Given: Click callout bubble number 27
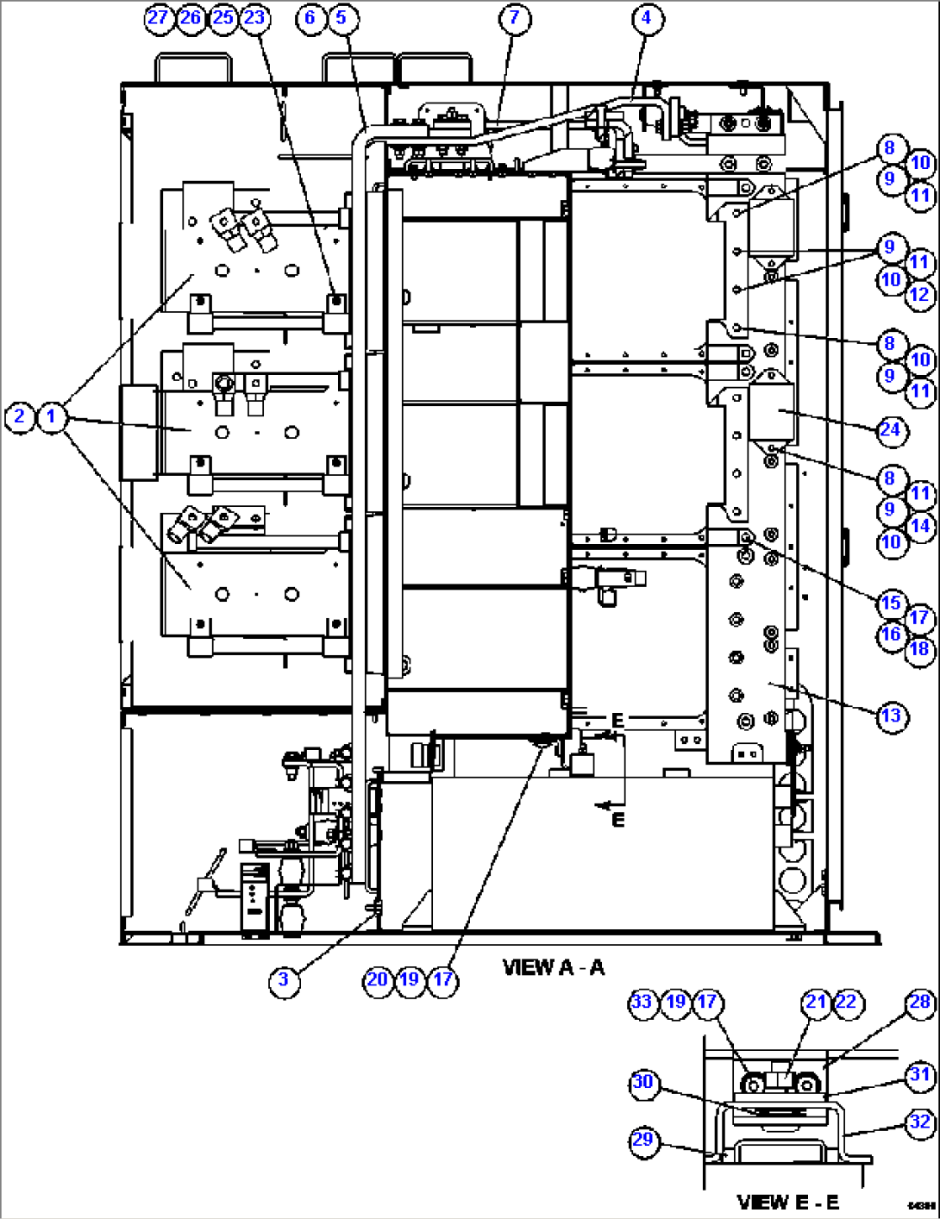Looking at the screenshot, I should point(159,17).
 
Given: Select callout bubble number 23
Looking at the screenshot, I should point(254,17).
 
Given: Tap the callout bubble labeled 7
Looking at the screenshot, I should point(515,18).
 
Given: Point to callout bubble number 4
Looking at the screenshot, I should point(647,18).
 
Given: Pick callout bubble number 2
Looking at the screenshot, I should point(20,417).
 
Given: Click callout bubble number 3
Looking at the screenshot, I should point(284,980).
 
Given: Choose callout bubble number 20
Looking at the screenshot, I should point(378,979).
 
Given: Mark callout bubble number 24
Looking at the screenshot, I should point(891,429).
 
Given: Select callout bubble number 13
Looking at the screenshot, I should point(891,716).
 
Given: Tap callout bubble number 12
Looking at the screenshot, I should point(920,295).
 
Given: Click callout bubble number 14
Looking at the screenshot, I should point(920,526).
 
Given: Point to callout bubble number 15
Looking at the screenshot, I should point(891,603).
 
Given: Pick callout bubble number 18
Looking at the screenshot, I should point(920,648).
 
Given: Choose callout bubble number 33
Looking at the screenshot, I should point(642,1002).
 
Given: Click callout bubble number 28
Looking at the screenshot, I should point(920,1002).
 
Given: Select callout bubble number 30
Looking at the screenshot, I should point(643,1082).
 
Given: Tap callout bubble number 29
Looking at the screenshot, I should point(643,1140).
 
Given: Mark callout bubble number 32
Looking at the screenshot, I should point(920,1122).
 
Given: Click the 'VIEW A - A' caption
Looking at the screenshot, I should point(554,967).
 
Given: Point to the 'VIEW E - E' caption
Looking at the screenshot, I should point(787,1201).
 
